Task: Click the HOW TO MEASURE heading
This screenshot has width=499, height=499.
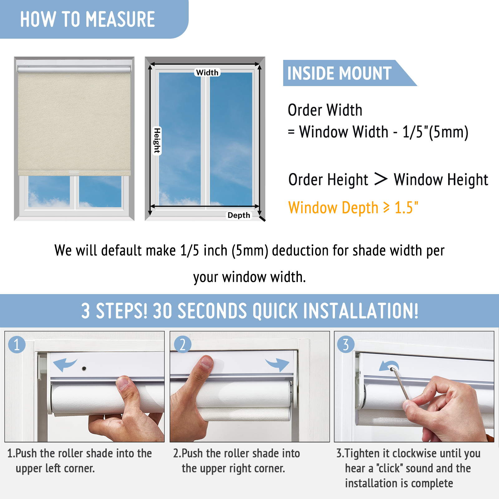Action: tap(87, 19)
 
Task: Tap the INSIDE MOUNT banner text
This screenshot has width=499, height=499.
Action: tap(339, 73)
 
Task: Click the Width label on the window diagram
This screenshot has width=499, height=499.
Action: tap(207, 72)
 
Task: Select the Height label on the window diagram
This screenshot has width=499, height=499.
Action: tap(157, 141)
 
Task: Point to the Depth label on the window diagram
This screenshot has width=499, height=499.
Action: tap(239, 215)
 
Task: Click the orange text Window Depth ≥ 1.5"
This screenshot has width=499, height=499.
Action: tap(353, 208)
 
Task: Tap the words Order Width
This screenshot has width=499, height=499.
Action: tap(325, 110)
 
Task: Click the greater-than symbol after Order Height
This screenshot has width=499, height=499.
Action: tap(381, 179)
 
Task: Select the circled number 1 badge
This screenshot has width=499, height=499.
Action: tap(17, 345)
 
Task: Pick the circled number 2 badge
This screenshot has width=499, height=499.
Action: tap(182, 345)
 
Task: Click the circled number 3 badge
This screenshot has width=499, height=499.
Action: tap(346, 345)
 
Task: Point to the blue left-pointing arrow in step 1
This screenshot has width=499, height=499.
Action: tap(64, 364)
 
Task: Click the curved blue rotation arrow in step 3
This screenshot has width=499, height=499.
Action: tap(389, 366)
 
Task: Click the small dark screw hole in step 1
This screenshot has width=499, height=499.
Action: tap(84, 369)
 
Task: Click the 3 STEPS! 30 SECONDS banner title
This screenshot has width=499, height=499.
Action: tap(249, 311)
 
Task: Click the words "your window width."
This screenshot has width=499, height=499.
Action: tap(249, 277)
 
